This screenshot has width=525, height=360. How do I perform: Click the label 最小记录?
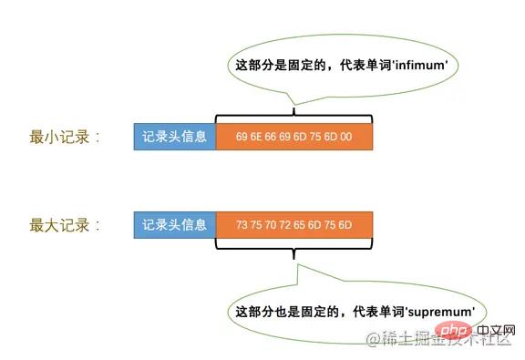point(57,138)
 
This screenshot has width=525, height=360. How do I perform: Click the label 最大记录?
point(57,223)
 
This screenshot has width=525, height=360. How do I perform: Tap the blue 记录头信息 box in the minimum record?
point(175,138)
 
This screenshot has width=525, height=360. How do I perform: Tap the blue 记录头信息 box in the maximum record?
point(175,224)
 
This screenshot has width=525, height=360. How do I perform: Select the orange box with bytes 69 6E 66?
point(294,138)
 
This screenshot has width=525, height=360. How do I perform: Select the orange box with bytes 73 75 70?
point(294,224)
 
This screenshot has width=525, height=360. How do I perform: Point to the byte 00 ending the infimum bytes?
point(347,138)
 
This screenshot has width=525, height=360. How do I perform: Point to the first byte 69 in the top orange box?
point(242,138)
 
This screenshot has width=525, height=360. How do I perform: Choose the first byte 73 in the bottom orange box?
point(242,224)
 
